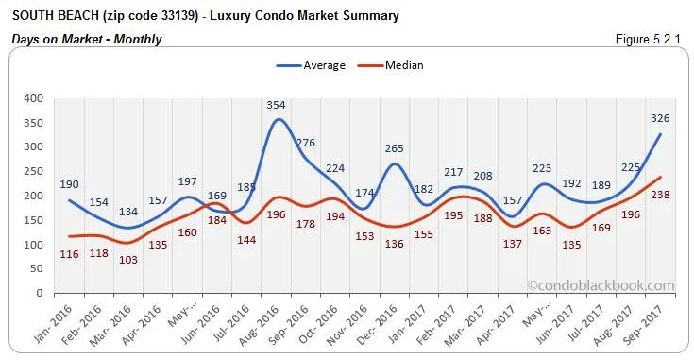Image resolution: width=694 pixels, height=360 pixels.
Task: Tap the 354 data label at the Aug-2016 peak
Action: pos(275,105)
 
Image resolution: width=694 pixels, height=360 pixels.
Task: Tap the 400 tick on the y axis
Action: pos(34,98)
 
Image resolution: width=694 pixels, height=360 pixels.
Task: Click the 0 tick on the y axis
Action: pos(40,294)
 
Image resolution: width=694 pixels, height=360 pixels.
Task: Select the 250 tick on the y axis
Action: pos(34,171)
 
